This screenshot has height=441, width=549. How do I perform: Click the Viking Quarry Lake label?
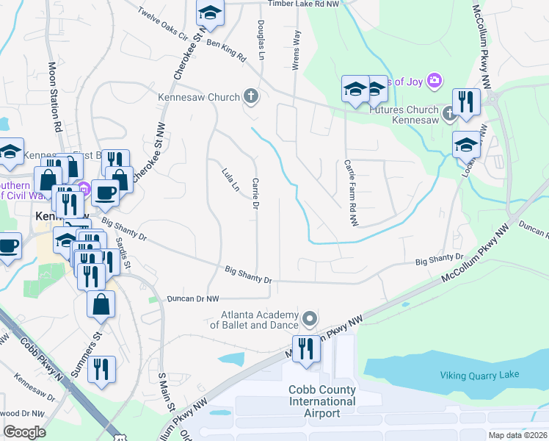click(x=479, y=375)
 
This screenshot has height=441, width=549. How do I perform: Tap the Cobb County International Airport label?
click(x=322, y=401)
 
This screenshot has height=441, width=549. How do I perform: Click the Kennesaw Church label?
click(x=199, y=97)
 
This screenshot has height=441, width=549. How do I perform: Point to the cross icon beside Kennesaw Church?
click(x=251, y=96)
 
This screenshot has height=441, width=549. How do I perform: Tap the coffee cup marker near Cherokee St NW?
click(x=104, y=193)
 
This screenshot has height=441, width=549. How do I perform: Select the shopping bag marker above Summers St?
click(x=101, y=303)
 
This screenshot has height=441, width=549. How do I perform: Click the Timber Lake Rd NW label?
click(x=308, y=4)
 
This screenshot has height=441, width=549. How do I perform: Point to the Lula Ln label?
click(x=230, y=181)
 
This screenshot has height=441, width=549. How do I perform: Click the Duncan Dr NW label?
click(x=193, y=299)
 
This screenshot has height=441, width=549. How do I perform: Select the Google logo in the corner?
click(x=24, y=432)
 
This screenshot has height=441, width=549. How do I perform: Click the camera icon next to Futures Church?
click(x=435, y=79)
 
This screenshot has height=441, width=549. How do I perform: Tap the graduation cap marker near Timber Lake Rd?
click(x=210, y=13)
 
